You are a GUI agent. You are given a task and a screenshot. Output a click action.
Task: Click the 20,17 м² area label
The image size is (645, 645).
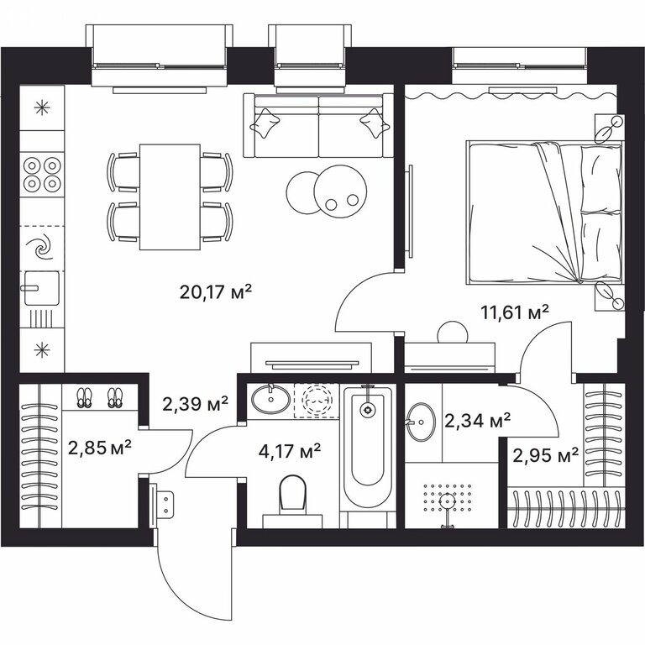[x=215, y=292]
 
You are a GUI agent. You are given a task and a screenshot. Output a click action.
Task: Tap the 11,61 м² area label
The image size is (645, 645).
[x=515, y=312]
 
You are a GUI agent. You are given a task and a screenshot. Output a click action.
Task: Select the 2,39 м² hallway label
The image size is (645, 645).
[x=195, y=403]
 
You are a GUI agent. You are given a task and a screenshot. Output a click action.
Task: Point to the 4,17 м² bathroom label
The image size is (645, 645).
[x=290, y=451]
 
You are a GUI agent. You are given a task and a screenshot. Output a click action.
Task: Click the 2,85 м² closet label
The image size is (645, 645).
[x=100, y=448]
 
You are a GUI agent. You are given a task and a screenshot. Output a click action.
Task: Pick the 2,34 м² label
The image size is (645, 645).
[x=478, y=421]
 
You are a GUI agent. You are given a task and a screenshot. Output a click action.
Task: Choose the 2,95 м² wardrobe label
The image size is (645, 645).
[x=545, y=455]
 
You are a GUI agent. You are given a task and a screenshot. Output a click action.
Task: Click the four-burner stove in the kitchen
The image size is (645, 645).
[x=42, y=175]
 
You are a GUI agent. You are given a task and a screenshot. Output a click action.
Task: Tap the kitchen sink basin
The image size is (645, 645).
[x=41, y=288]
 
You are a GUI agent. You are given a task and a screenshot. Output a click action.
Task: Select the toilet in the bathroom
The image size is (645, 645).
[x=292, y=501]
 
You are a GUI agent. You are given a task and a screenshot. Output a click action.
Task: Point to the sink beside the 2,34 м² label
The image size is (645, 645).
[x=421, y=422]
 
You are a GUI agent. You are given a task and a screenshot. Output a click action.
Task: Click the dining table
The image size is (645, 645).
[x=170, y=197]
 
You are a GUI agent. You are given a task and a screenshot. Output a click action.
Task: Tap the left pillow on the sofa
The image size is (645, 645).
[x=265, y=122]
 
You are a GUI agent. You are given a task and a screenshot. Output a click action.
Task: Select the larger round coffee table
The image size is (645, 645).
[x=340, y=191]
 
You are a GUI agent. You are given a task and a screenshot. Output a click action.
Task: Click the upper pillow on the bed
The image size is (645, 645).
[x=600, y=178]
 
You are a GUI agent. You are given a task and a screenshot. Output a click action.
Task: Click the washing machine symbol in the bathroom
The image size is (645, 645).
[x=317, y=399]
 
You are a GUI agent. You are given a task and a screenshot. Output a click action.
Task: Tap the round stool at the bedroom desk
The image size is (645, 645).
[x=453, y=332]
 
